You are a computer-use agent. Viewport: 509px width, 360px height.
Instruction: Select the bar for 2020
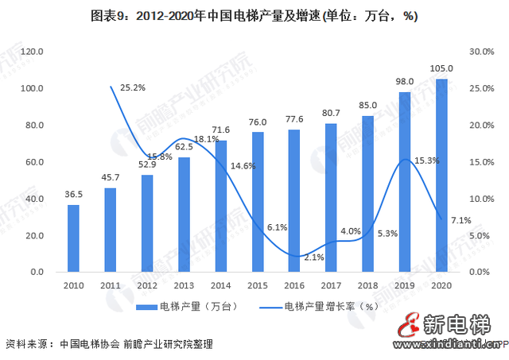[441, 176]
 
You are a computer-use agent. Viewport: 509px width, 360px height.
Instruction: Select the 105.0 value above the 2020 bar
[441, 68]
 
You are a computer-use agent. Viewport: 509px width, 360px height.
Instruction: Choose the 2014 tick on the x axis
[220, 285]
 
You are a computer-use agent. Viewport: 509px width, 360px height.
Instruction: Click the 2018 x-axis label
[367, 285]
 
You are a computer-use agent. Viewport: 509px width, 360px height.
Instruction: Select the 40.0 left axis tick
[33, 199]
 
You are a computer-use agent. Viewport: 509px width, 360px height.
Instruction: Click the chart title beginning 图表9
[254, 15]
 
